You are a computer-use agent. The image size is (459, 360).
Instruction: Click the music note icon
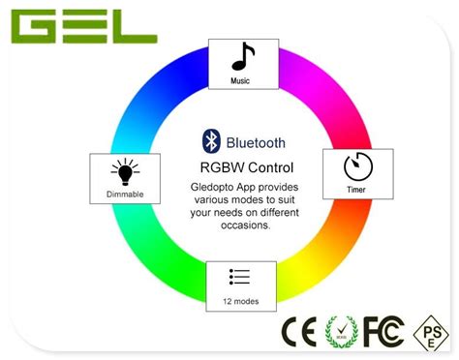click(243, 57)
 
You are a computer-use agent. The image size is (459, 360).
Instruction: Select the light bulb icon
click(124, 172)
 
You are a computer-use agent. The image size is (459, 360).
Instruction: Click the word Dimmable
click(124, 195)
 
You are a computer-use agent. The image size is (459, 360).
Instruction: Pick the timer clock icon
click(357, 167)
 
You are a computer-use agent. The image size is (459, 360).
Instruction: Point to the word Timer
click(357, 191)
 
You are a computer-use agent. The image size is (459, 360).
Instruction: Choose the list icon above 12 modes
click(240, 277)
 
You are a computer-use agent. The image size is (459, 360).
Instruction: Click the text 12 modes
click(240, 301)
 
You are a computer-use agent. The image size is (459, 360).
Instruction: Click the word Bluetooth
click(257, 141)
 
